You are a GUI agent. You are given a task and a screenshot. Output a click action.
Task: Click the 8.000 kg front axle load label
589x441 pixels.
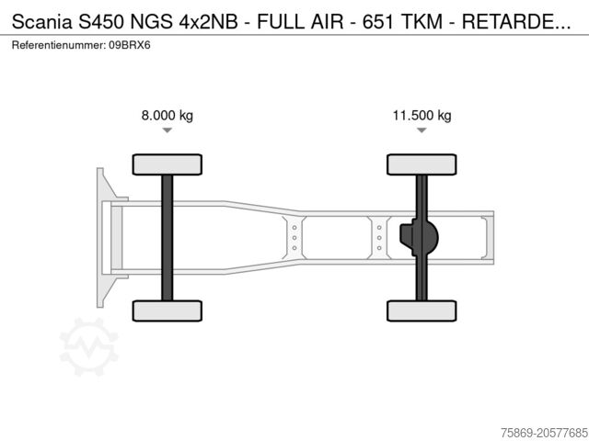tap(167, 116)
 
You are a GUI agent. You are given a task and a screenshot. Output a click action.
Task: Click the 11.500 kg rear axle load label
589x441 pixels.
tap(422, 116)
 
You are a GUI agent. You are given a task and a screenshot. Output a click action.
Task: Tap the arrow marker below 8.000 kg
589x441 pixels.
tap(167, 131)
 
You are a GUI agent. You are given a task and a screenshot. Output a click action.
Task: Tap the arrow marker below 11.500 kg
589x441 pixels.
tap(422, 131)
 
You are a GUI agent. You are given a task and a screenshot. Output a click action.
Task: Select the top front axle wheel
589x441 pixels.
tap(167, 164)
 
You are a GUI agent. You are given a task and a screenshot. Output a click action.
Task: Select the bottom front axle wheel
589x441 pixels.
tap(167, 311)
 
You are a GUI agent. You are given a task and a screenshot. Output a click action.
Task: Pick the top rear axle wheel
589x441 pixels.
tap(422, 164)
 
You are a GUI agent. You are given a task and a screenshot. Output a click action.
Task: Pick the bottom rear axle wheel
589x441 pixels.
tap(422, 311)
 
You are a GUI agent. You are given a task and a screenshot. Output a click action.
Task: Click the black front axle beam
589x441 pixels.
tap(167, 237)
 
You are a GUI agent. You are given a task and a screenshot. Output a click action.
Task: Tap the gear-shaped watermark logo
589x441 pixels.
tap(88, 346)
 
